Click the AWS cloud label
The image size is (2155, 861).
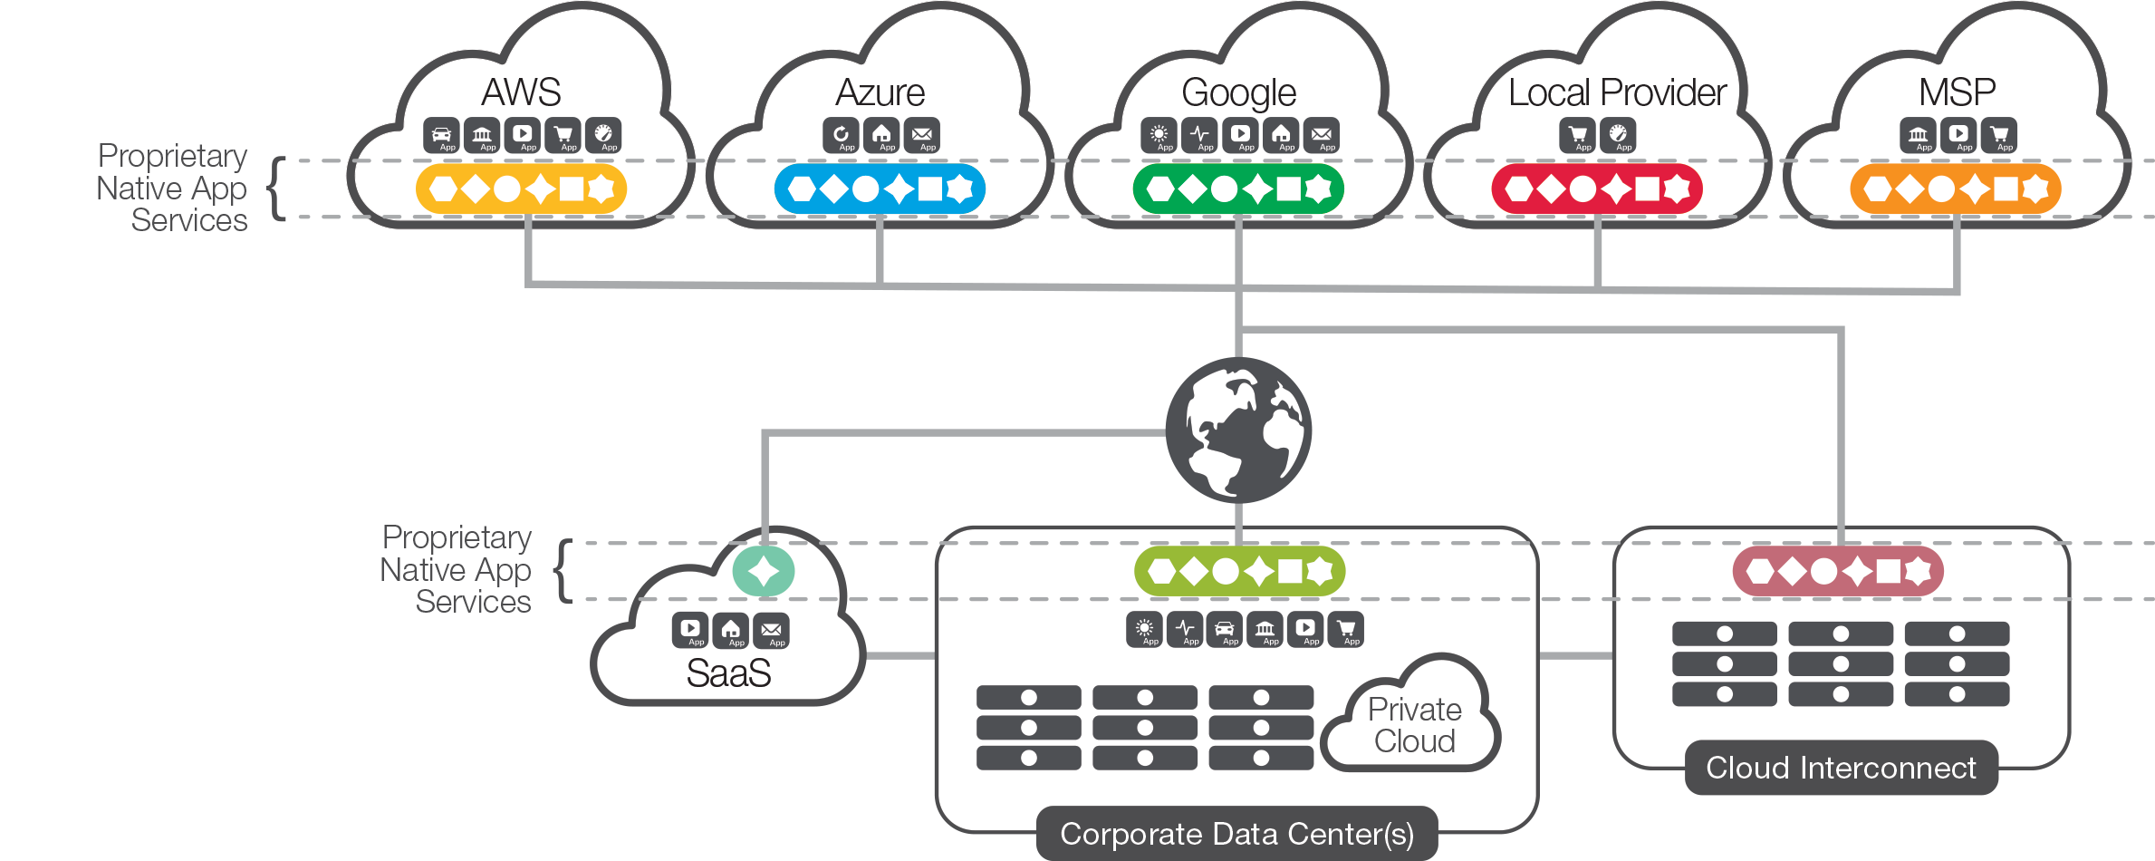(x=521, y=92)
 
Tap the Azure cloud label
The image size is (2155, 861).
(x=880, y=92)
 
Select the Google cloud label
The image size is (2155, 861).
(x=1238, y=92)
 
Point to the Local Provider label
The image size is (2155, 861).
(x=1617, y=92)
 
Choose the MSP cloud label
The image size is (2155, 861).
(x=1957, y=92)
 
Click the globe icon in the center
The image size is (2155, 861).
(x=1238, y=430)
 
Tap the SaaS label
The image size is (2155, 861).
(x=728, y=673)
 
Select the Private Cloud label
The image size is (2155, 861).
(x=1414, y=725)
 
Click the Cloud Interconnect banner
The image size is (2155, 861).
(x=1841, y=768)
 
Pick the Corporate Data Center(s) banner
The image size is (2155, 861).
(x=1236, y=834)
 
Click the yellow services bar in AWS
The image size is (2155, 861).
(x=521, y=189)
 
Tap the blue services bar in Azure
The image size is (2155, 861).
(x=880, y=189)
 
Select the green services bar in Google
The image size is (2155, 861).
(x=1238, y=189)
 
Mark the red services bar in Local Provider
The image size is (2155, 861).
(x=1596, y=189)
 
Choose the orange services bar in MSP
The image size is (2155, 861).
(x=1955, y=189)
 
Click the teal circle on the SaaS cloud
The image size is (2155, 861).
(x=763, y=572)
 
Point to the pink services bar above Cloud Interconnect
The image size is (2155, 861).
(x=1838, y=571)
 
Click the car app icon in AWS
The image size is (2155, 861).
(x=441, y=135)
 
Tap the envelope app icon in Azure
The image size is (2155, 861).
(x=922, y=135)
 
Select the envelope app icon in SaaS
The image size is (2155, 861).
(x=771, y=631)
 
